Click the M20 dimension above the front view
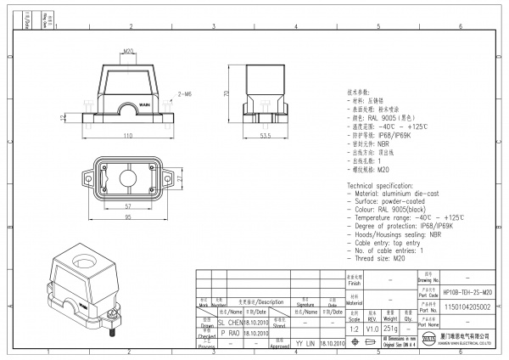[129, 51]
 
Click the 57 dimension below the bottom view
[128, 206]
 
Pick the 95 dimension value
[128, 217]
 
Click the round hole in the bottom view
[129, 180]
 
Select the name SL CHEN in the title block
[231, 323]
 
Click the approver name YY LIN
[305, 343]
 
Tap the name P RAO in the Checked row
[230, 334]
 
